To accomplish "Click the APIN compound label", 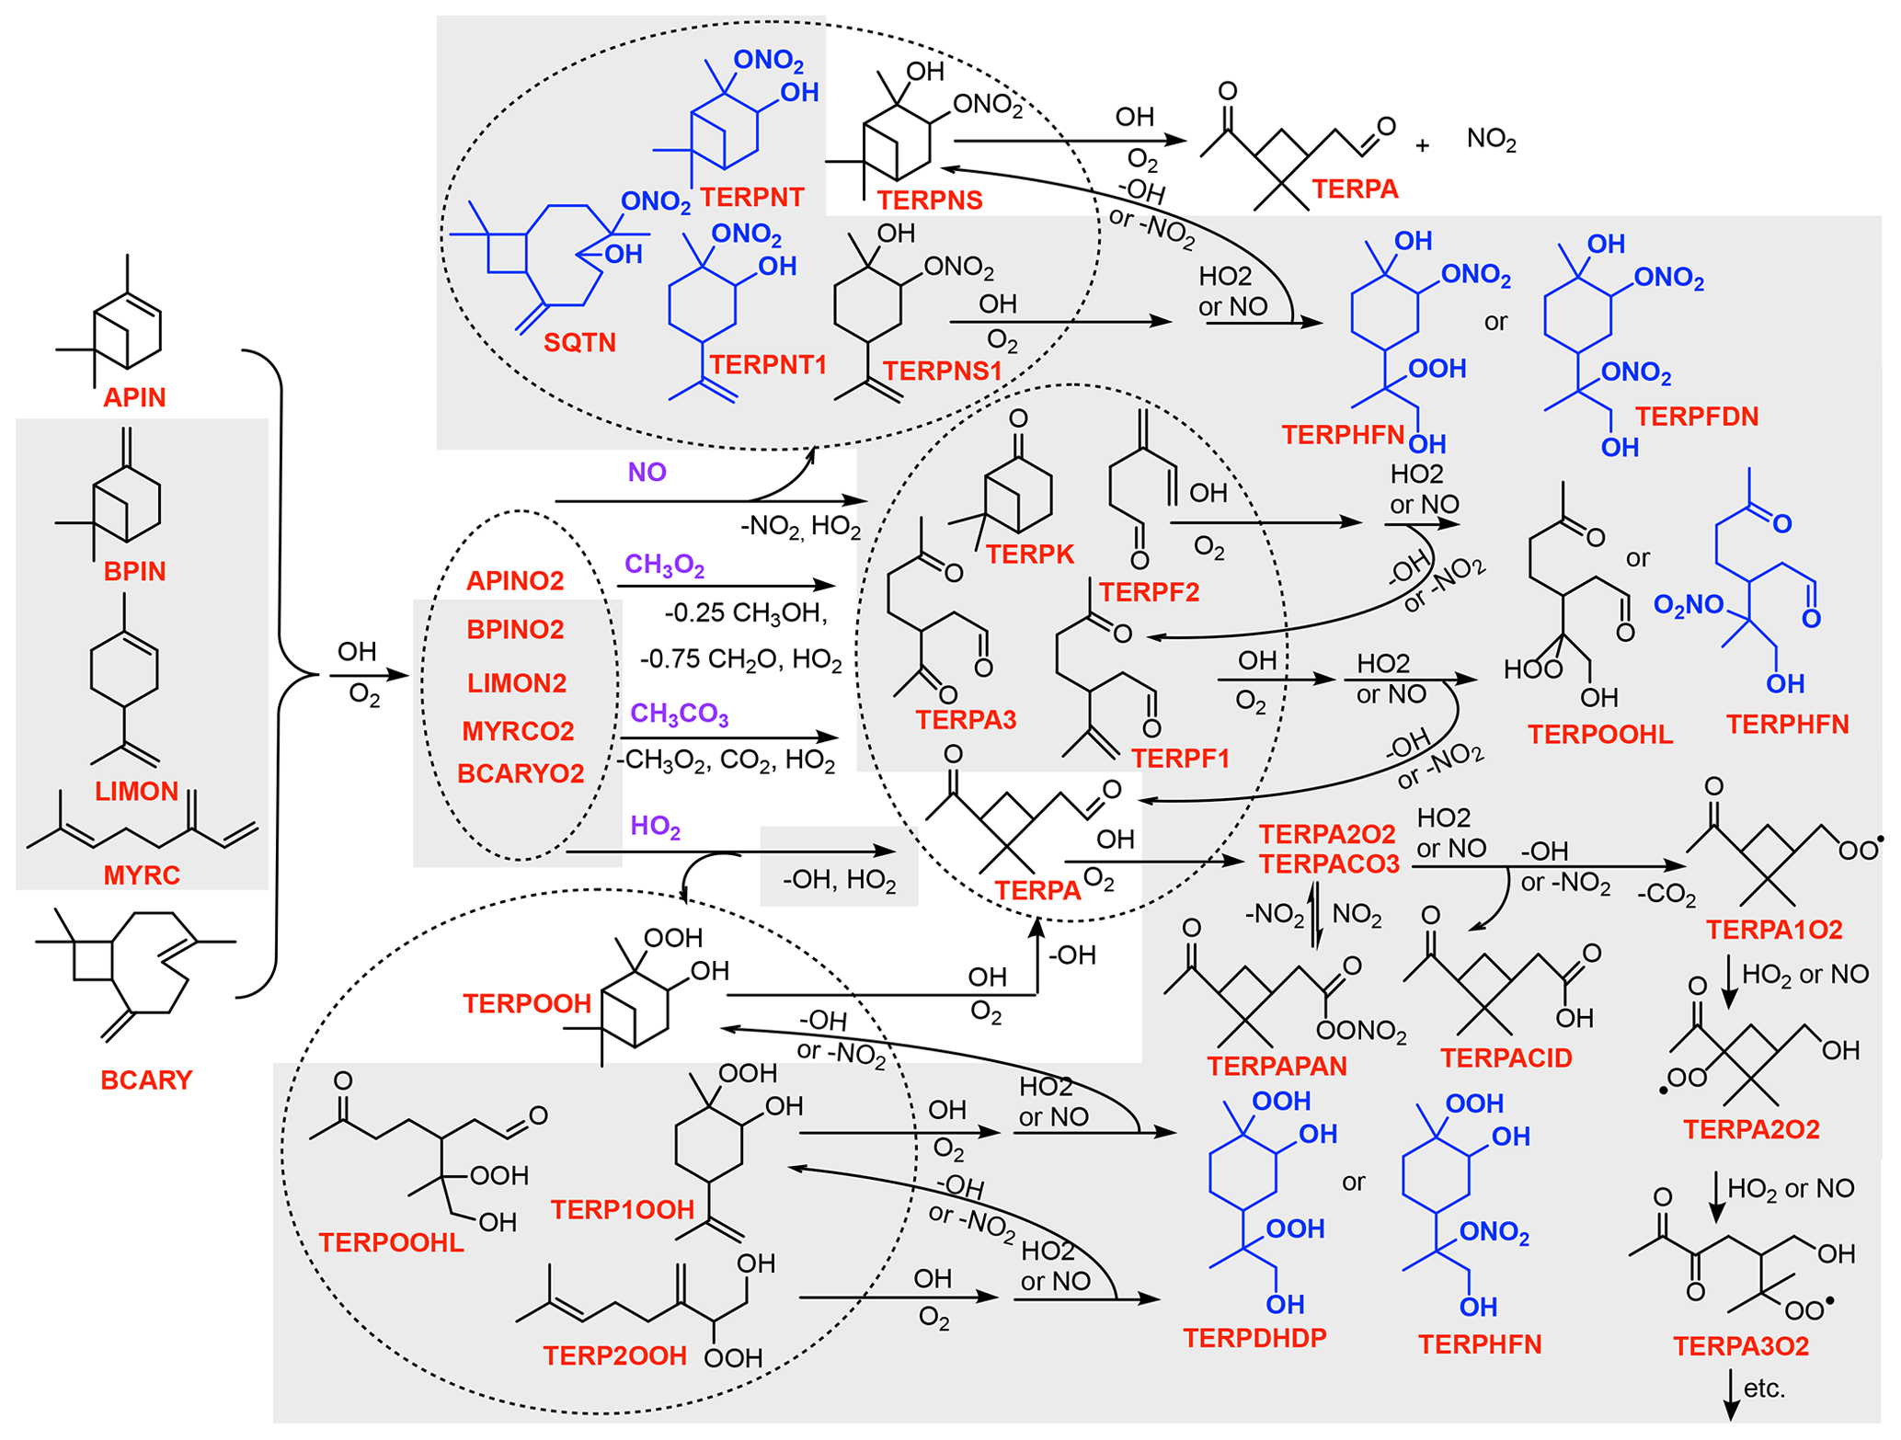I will pyautogui.click(x=134, y=397).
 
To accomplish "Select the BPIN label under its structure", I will pyautogui.click(x=134, y=571).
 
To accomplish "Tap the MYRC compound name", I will pyautogui.click(x=142, y=874).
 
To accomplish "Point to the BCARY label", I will pyautogui.click(x=146, y=1080).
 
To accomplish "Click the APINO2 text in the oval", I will pyautogui.click(x=515, y=581).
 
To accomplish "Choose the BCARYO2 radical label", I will pyautogui.click(x=521, y=773).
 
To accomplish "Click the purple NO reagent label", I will pyautogui.click(x=647, y=472).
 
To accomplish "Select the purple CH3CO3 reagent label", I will pyautogui.click(x=679, y=714).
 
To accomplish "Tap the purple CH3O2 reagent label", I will pyautogui.click(x=664, y=565).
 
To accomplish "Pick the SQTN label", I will pyautogui.click(x=579, y=343).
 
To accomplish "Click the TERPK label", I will pyautogui.click(x=1030, y=554).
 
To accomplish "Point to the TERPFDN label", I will pyautogui.click(x=1697, y=417).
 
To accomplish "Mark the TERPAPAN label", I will pyautogui.click(x=1277, y=1066).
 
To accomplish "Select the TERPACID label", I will pyautogui.click(x=1506, y=1058).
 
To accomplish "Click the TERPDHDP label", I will pyautogui.click(x=1254, y=1338).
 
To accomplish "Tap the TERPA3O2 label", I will pyautogui.click(x=1741, y=1346).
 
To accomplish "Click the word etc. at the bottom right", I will pyautogui.click(x=1764, y=1388).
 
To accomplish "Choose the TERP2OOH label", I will pyautogui.click(x=614, y=1355).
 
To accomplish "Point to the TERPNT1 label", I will pyautogui.click(x=768, y=365).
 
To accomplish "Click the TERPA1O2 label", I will pyautogui.click(x=1774, y=930).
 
